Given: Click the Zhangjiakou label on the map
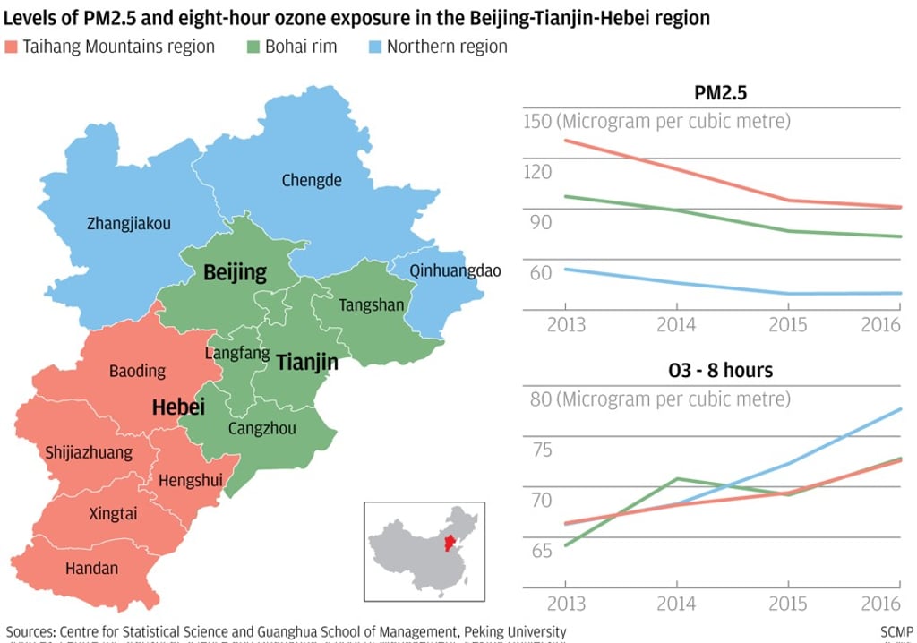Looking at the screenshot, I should pos(129,224).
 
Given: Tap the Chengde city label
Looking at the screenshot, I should pos(312,180).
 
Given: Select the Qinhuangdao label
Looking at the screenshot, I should pos(455,270).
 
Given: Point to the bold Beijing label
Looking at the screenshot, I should pos(235,272).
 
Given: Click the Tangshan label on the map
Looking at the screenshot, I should pos(372,305).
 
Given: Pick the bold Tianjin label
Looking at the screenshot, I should pos(307,362).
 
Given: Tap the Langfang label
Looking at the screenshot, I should pos(237,354).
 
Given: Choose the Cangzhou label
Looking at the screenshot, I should pos(261,428).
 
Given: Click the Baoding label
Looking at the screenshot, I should pos(137,371).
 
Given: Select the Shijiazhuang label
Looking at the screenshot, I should pos(89,453).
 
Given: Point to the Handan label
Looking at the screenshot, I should pos(91,568).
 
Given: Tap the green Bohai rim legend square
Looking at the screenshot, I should pos(252,47).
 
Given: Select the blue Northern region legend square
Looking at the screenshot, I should pos(373,47).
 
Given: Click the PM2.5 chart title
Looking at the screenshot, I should pos(721,92).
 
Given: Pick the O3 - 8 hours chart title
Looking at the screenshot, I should pos(721,370).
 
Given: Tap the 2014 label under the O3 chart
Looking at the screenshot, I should pos(676,603).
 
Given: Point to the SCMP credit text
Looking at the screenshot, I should pos(896,631).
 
